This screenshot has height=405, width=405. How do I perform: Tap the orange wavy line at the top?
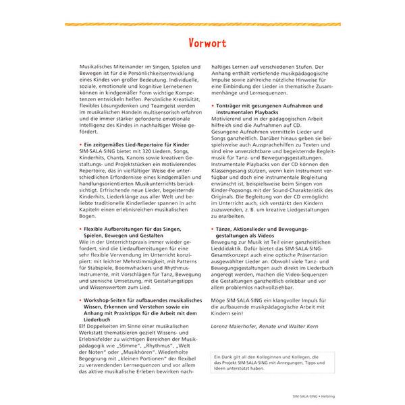pyautogui.click(x=202, y=24)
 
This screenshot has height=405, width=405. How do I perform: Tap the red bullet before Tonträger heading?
pyautogui.click(x=213, y=107)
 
